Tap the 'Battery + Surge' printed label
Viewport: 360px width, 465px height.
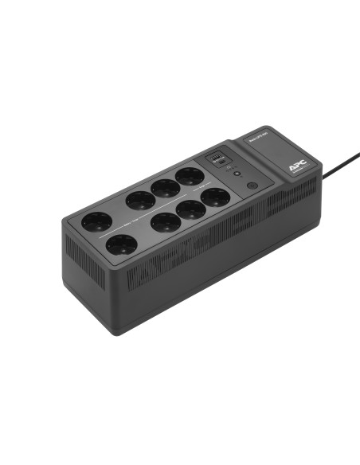(x=119, y=225)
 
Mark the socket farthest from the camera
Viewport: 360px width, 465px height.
(x=190, y=175)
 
